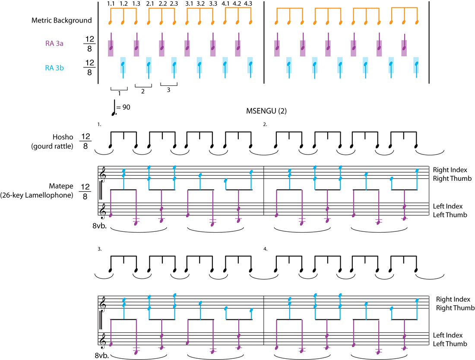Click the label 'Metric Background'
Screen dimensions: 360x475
(x=61, y=20)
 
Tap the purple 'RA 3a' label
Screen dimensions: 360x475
(x=55, y=43)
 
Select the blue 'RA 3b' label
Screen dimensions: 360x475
(x=55, y=67)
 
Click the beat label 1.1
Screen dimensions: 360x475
(x=111, y=4)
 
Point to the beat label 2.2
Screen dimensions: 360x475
(x=162, y=4)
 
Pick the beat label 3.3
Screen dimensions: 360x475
(x=213, y=4)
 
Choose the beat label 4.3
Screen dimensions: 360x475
(x=248, y=4)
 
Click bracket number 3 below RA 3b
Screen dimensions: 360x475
(x=169, y=90)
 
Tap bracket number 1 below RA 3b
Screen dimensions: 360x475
(x=119, y=92)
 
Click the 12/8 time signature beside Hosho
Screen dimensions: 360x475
(x=85, y=142)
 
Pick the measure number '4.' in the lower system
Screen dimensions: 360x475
(x=266, y=249)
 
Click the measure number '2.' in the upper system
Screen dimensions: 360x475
(x=266, y=124)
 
